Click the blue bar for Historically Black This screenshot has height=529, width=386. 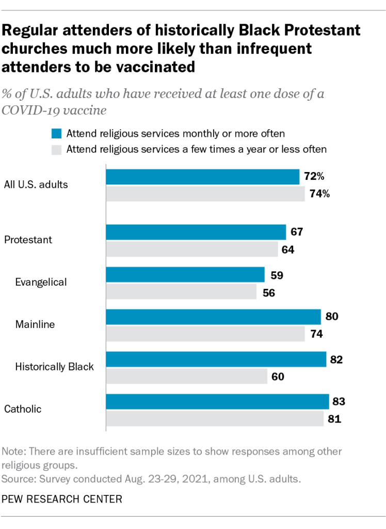pos(216,359)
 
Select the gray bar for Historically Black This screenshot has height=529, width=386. pos(186,376)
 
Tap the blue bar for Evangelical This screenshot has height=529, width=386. pos(185,274)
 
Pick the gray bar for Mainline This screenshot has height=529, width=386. pos(205,334)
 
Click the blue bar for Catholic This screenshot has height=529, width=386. pos(217,401)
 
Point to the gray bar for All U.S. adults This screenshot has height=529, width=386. pos(205,194)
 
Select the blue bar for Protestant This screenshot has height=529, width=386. pos(196,232)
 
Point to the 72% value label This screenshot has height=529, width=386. pos(314,177)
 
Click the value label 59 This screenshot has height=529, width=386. pos(276,274)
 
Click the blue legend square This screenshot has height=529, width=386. pos(56,134)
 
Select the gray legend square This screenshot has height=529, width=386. pos(56,150)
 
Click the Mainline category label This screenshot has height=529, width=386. pos(35,324)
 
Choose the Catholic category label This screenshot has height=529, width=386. pos(23,409)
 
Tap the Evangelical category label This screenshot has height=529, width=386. pos(41,282)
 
